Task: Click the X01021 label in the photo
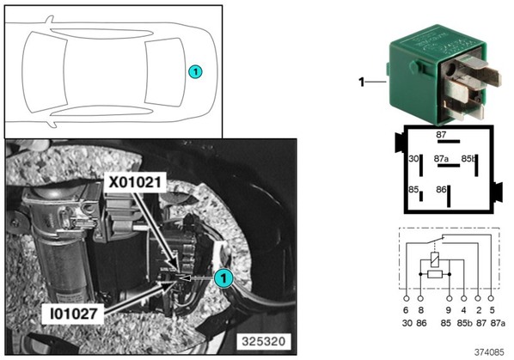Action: click(x=135, y=182)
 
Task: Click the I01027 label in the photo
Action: click(x=74, y=314)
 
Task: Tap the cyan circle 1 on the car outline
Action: click(x=195, y=71)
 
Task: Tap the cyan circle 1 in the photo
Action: click(x=223, y=278)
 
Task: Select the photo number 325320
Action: click(x=264, y=342)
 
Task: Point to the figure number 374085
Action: click(x=489, y=352)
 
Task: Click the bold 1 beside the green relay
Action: click(x=362, y=82)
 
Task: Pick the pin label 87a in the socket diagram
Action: click(x=441, y=159)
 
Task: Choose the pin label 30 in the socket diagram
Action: click(x=413, y=159)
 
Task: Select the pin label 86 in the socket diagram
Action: click(x=441, y=189)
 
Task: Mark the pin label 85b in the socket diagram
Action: click(x=468, y=159)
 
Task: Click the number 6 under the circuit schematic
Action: click(x=407, y=310)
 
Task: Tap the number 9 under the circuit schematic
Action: click(x=449, y=310)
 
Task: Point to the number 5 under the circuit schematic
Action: click(x=492, y=310)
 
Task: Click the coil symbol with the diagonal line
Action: click(x=435, y=259)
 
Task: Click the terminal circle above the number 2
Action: click(x=478, y=298)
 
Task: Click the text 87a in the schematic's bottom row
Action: click(x=498, y=323)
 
